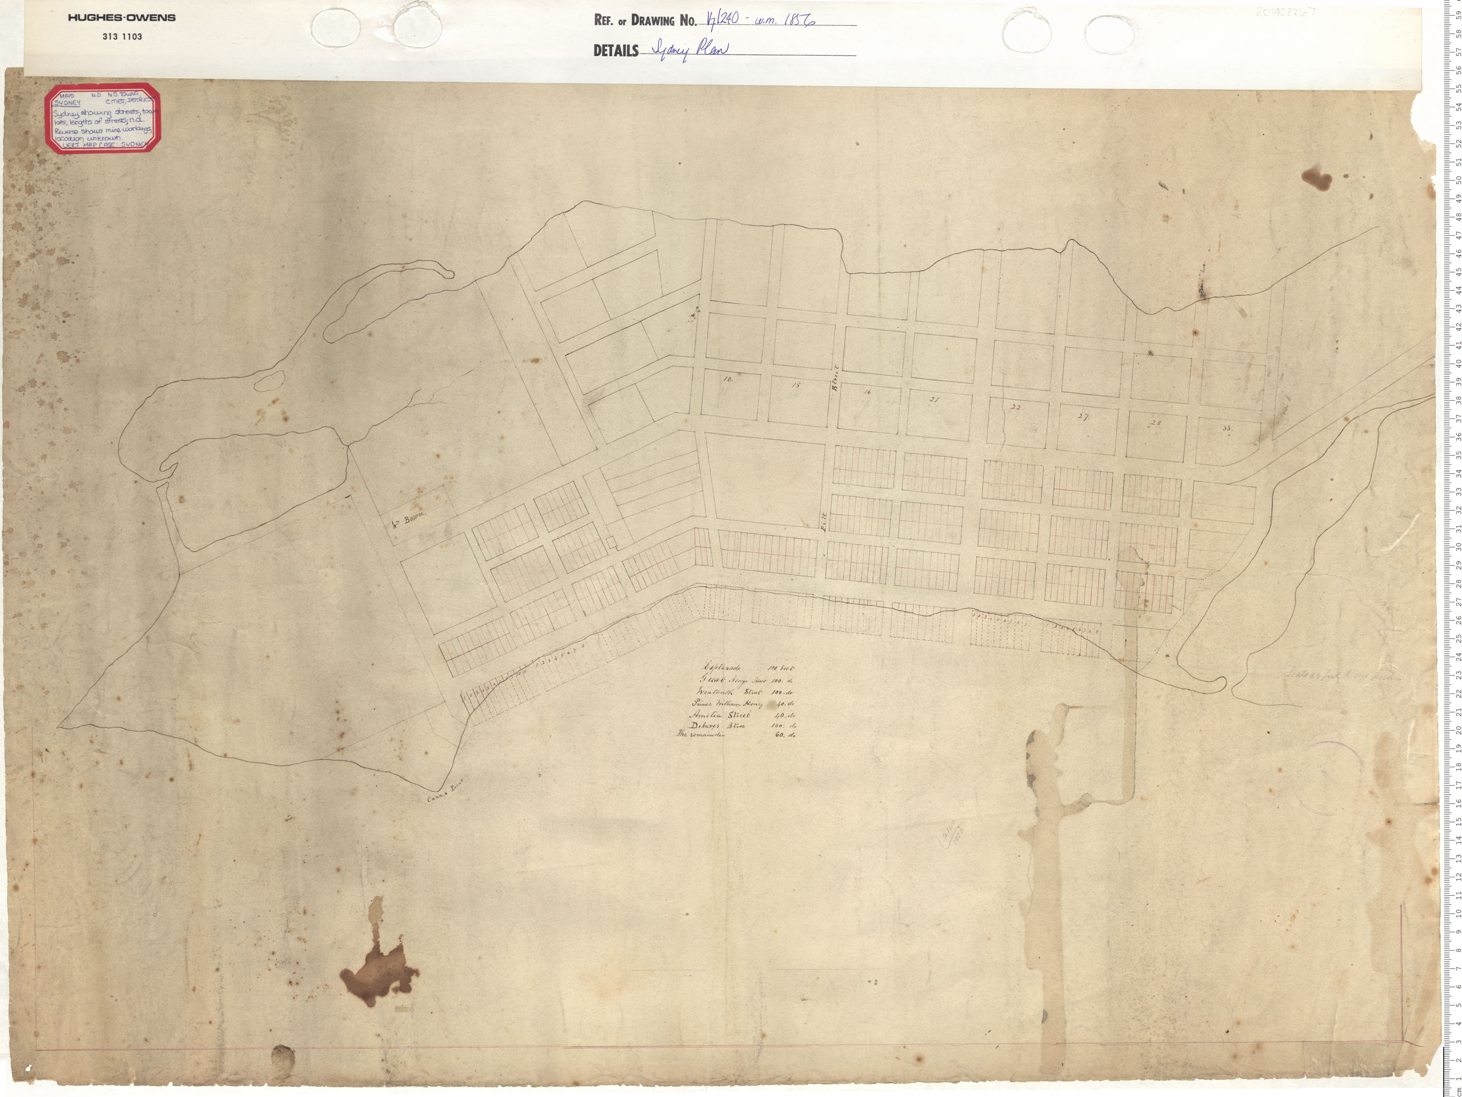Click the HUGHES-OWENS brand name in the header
[x=122, y=18]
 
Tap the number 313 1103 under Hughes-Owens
[x=122, y=37]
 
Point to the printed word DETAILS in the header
[x=616, y=51]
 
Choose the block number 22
[x=1017, y=408]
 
